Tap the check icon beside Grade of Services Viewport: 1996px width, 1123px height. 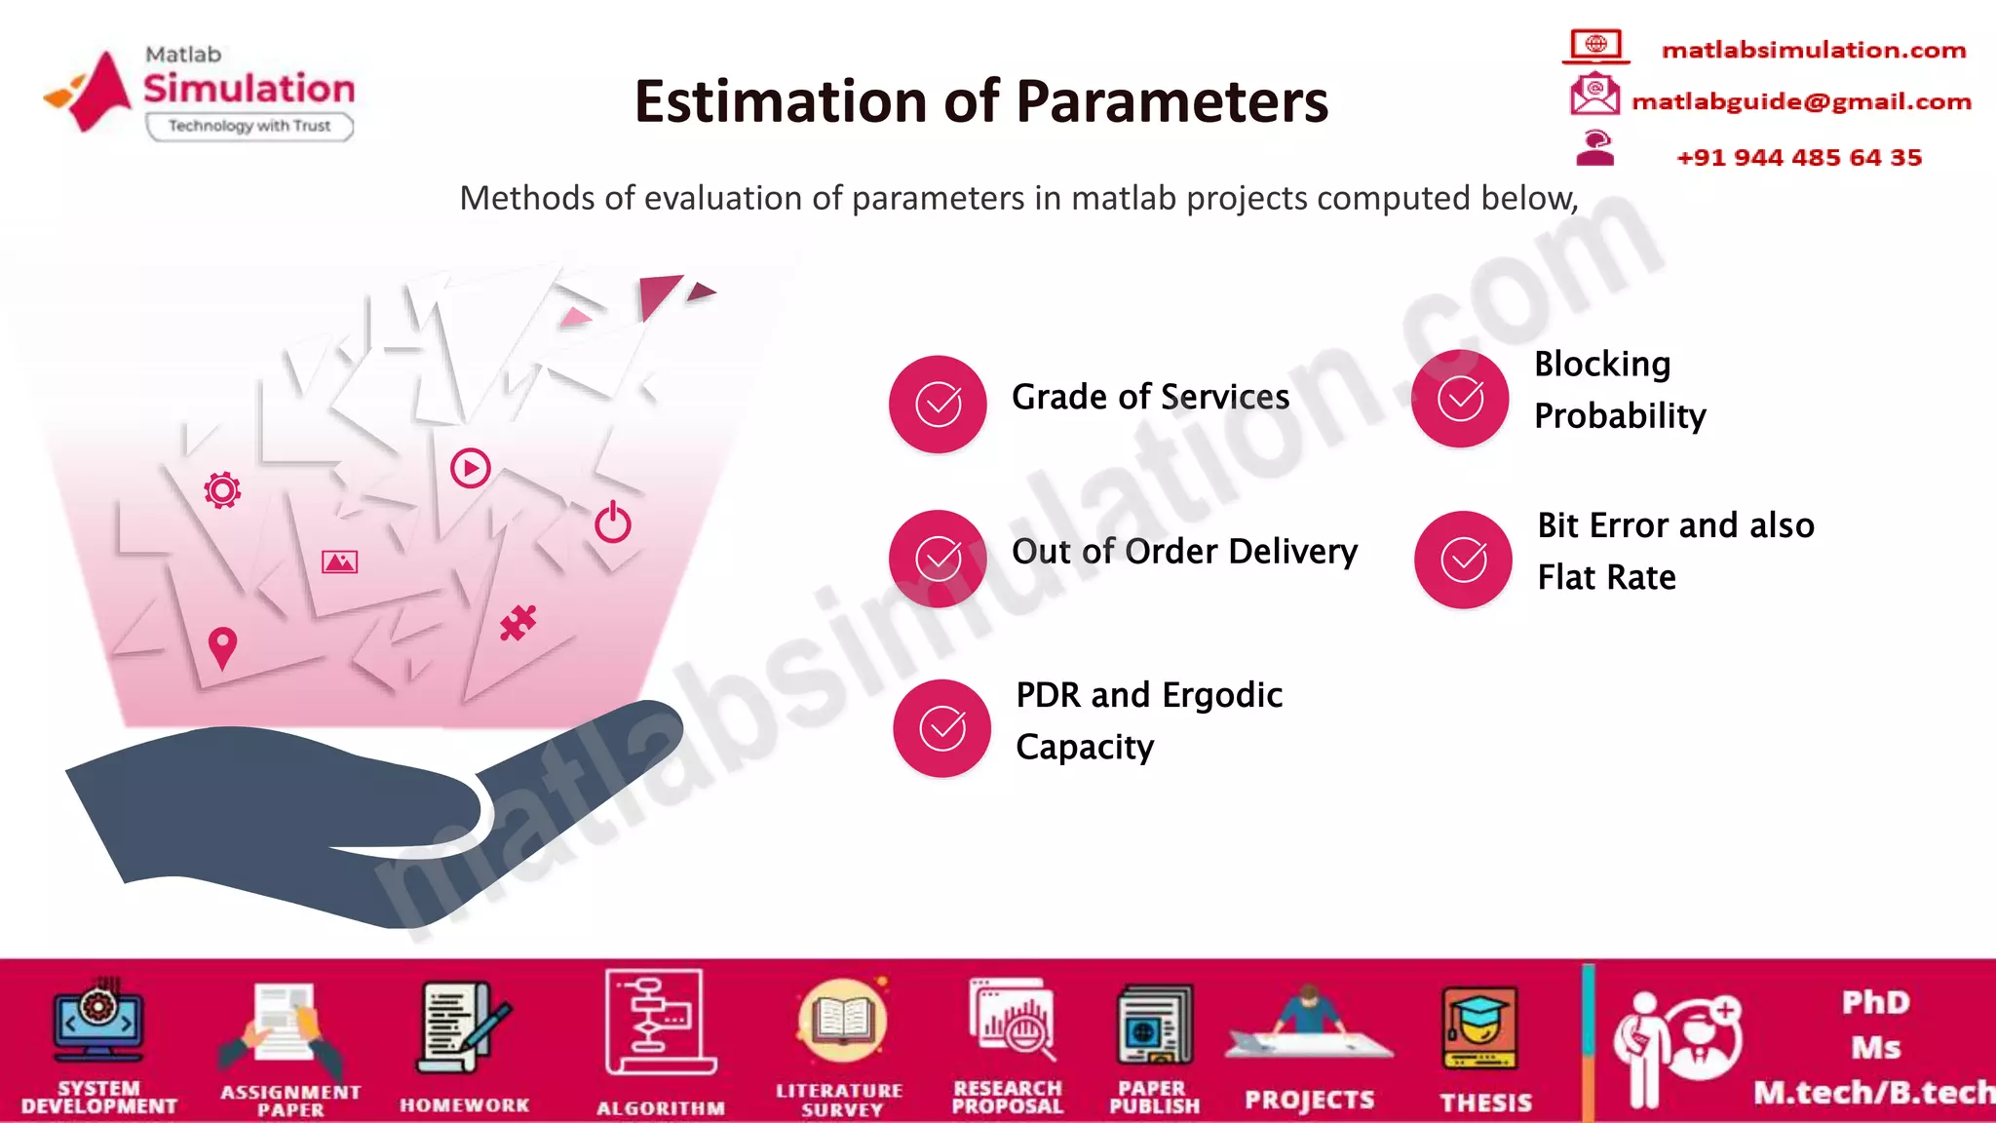pos(938,405)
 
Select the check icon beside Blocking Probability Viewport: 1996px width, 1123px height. pos(1460,399)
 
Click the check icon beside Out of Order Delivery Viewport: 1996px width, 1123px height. pos(938,559)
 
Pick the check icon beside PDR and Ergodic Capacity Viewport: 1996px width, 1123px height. pos(942,728)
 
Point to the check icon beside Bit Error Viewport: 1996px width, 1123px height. pos(1463,560)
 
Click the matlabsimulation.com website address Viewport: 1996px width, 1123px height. pos(1813,50)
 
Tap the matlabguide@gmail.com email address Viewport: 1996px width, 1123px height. pos(1801,101)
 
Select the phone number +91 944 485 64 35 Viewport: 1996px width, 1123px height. pos(1798,157)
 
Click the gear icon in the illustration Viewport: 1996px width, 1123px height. pos(222,489)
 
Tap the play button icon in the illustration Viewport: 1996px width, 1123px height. pos(470,468)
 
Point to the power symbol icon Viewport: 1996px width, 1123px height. pos(613,523)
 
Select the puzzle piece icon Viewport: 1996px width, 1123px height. pos(518,623)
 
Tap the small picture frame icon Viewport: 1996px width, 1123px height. pos(339,561)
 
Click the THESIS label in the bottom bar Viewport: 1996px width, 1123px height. pos(1485,1103)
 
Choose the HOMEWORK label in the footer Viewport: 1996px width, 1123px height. pos(464,1104)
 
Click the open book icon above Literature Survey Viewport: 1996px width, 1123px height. pos(842,1022)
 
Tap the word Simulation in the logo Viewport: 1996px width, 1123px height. pos(249,89)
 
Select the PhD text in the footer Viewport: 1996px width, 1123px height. pos(1875,1002)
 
